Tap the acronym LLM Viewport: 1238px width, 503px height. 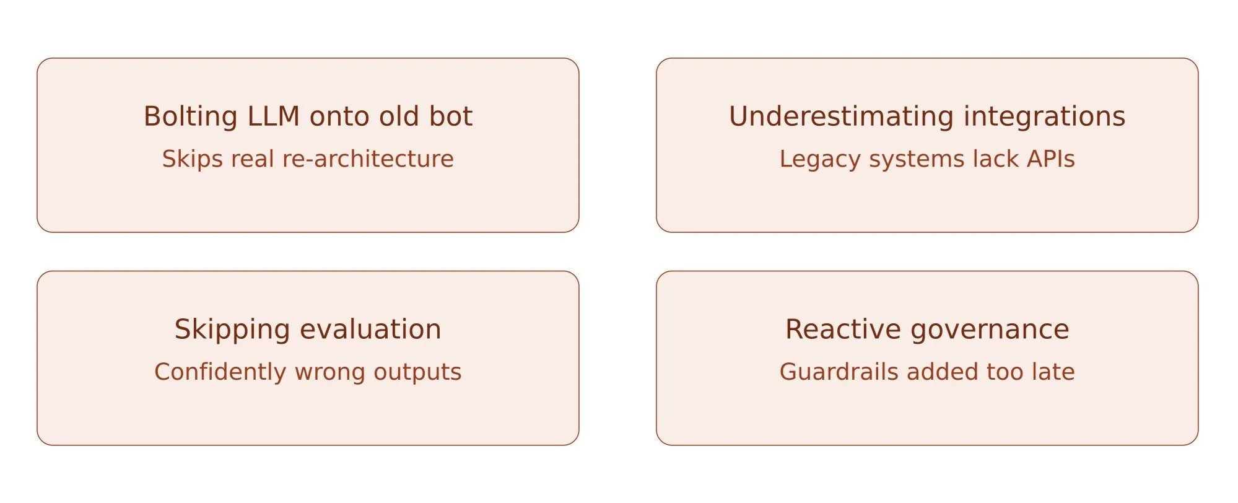(x=274, y=116)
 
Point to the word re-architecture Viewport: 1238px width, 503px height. (x=368, y=159)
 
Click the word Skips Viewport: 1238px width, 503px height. (x=193, y=159)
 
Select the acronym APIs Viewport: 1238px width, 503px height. (x=1051, y=159)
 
